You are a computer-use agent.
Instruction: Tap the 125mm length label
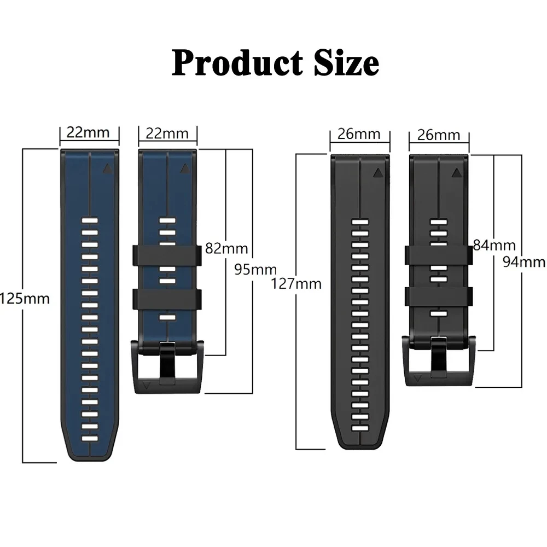25,299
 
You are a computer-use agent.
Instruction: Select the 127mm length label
296,284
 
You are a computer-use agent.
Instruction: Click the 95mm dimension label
255,269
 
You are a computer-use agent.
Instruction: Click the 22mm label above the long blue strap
88,132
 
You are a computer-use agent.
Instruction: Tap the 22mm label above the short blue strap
167,133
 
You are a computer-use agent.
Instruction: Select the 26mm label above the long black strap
359,134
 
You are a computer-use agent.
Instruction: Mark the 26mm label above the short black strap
438,135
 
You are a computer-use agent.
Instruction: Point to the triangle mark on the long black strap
377,173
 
